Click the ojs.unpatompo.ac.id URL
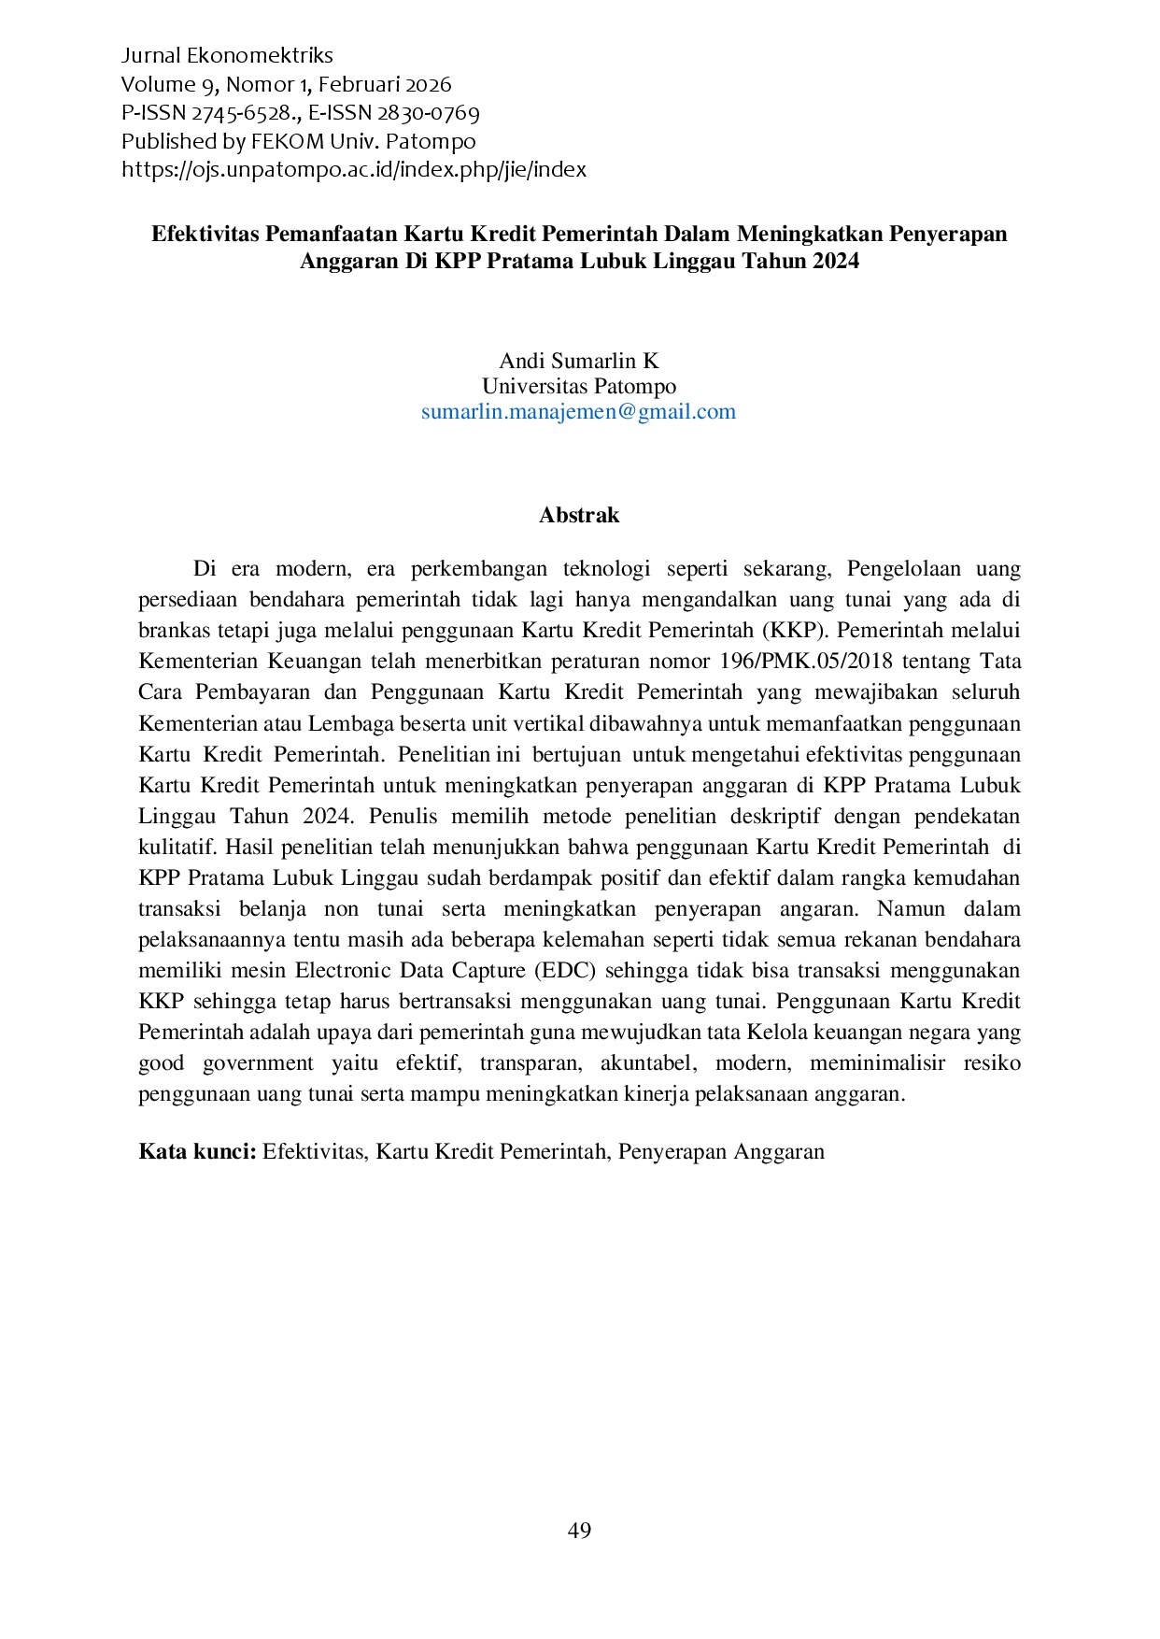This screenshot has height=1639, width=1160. [354, 170]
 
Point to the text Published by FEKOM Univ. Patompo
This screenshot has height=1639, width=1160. [298, 142]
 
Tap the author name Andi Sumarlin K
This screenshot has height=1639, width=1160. [579, 361]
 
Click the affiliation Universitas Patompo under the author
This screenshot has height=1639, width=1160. [579, 386]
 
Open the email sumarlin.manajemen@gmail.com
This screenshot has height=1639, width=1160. [579, 411]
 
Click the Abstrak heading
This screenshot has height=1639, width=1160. [579, 515]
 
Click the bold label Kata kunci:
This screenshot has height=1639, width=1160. [197, 1150]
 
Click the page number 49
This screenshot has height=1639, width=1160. [579, 1530]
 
